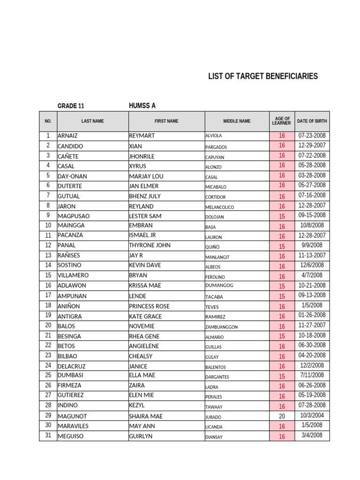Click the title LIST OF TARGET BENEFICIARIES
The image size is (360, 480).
[x=262, y=76]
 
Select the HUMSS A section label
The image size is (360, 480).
[x=142, y=105]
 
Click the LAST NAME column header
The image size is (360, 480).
[x=92, y=121]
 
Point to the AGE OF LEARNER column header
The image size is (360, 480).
[x=281, y=121]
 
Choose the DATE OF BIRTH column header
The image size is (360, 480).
[x=312, y=121]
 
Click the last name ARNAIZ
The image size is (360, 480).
[x=68, y=136]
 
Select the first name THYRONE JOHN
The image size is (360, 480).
[x=150, y=245]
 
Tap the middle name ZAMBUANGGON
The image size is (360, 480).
[x=221, y=327]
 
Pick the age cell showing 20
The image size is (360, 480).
[x=282, y=416]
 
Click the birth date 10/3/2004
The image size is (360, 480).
[x=312, y=415]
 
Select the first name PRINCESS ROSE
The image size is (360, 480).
[x=149, y=307]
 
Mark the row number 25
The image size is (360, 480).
[x=48, y=375]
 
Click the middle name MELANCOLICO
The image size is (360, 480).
[x=219, y=207]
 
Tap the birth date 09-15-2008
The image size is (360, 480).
[x=312, y=215]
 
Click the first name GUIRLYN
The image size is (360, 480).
[x=141, y=436]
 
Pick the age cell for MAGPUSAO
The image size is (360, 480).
[x=282, y=217]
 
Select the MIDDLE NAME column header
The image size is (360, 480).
[x=237, y=121]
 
